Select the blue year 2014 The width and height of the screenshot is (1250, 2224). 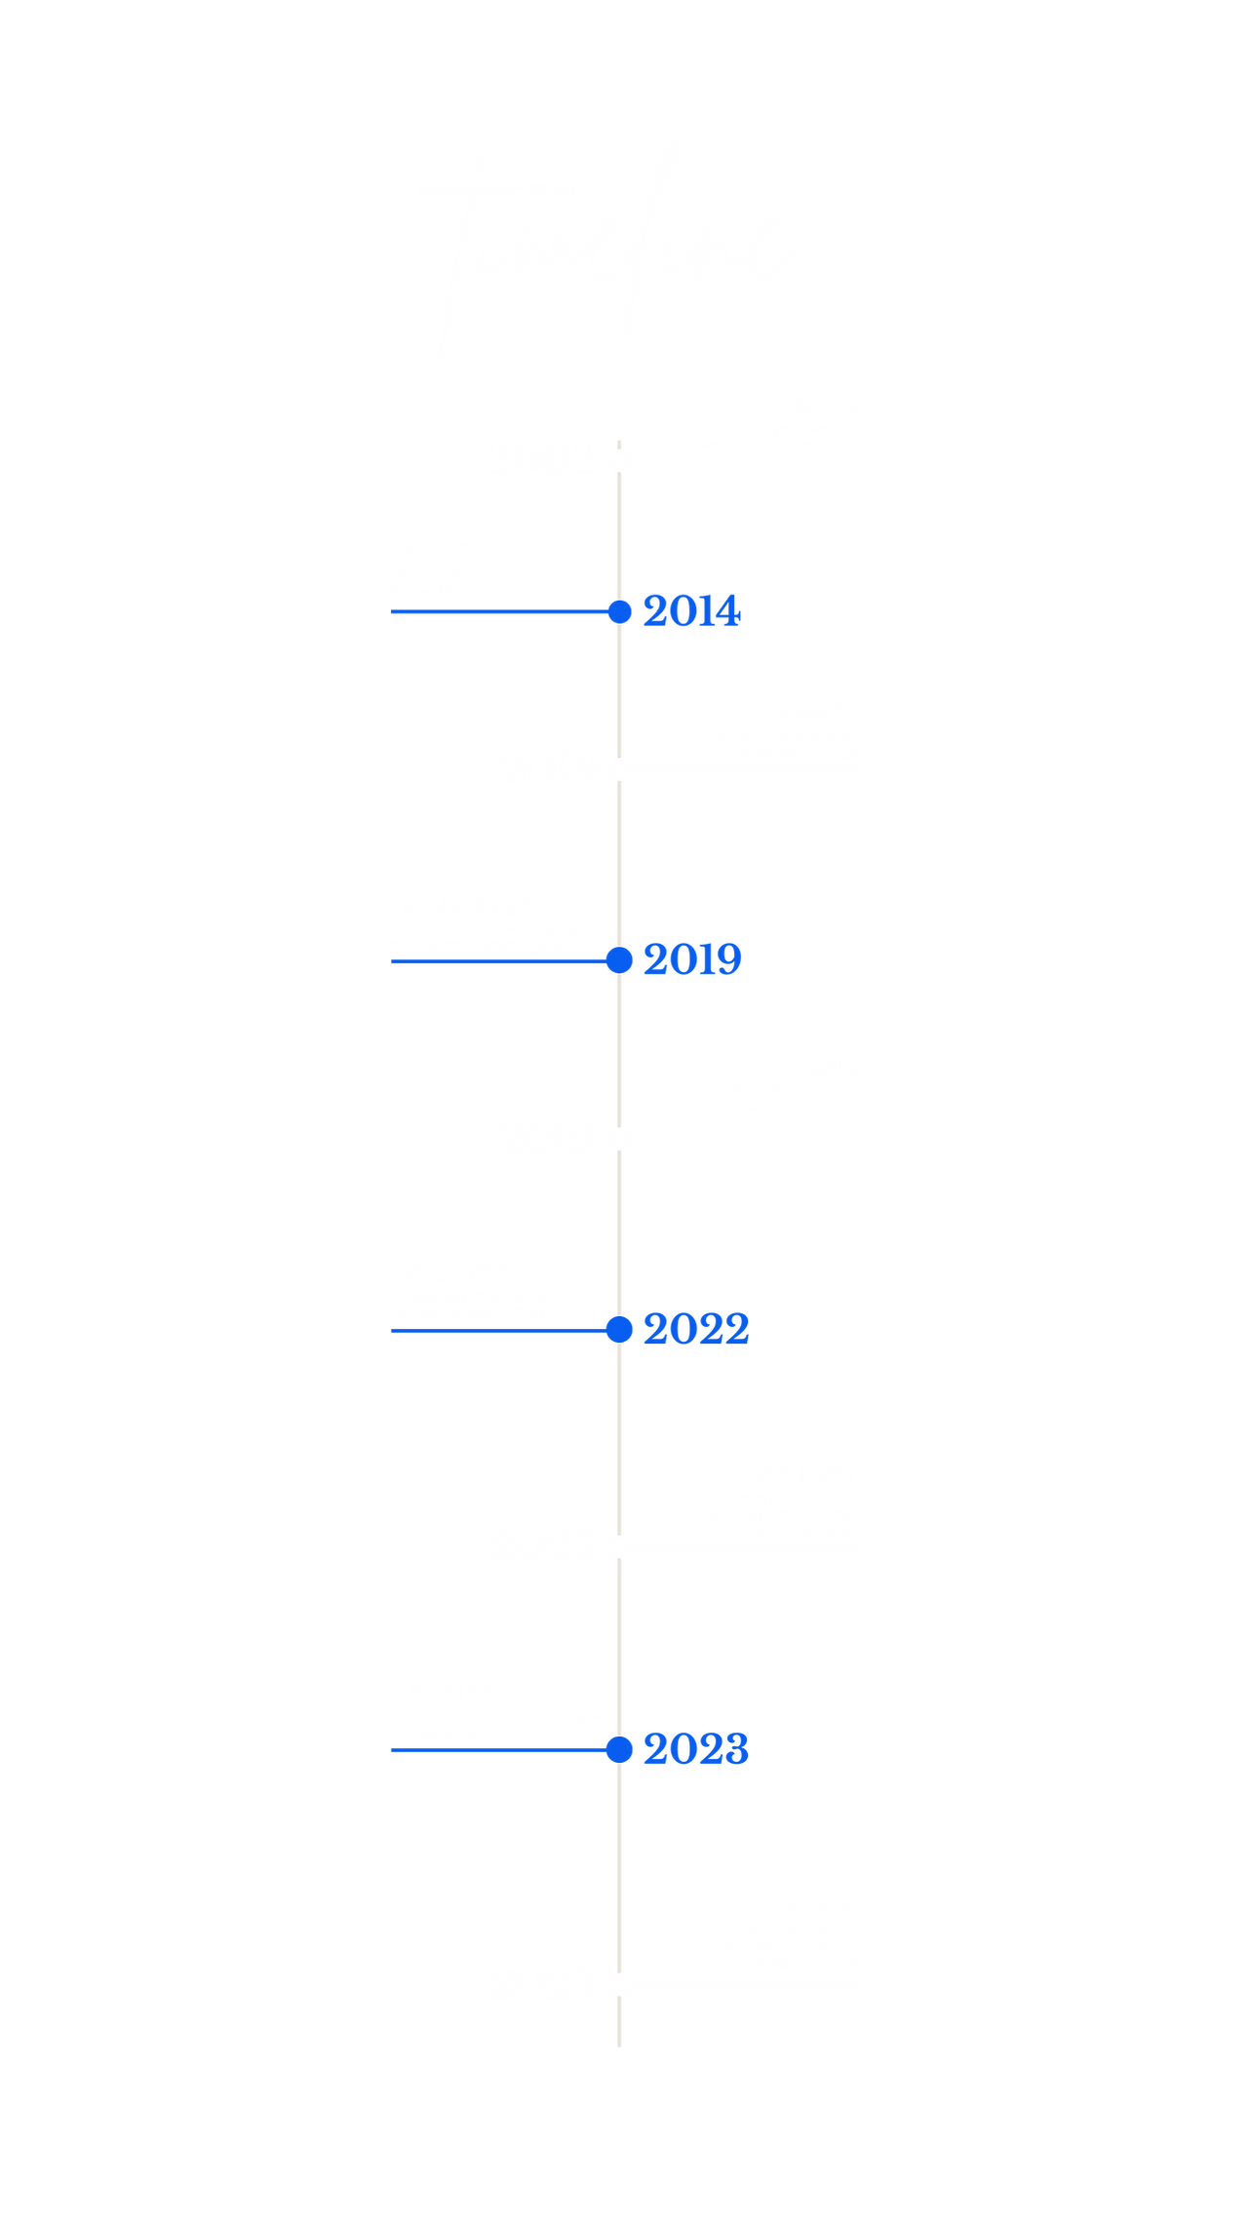692,612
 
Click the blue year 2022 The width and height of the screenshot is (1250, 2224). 696,1329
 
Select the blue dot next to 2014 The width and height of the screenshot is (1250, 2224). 618,612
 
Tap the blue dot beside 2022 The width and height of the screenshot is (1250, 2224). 618,1329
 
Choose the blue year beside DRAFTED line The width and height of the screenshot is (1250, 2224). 696,1749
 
